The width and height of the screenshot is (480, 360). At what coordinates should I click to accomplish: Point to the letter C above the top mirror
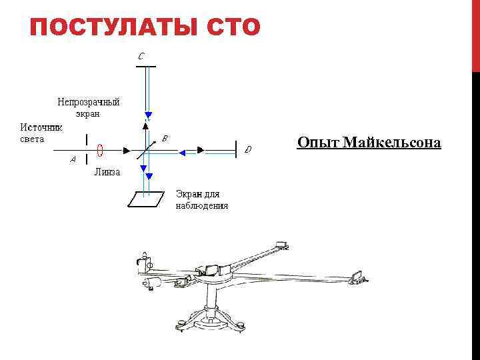pyautogui.click(x=141, y=57)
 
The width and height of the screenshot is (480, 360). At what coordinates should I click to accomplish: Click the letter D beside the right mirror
pyautogui.click(x=248, y=149)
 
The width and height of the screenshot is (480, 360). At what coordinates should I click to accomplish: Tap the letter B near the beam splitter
pyautogui.click(x=164, y=138)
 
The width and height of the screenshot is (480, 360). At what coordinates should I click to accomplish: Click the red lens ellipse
pyautogui.click(x=99, y=150)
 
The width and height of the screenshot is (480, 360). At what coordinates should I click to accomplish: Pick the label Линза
pyautogui.click(x=107, y=172)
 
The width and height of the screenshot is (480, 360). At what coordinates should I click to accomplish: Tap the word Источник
pyautogui.click(x=41, y=127)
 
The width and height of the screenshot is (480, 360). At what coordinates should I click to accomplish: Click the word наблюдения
pyautogui.click(x=201, y=206)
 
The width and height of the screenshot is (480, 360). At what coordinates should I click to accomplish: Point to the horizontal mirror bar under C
pyautogui.click(x=145, y=67)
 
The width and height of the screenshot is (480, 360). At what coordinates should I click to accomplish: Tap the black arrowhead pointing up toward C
pyautogui.click(x=145, y=125)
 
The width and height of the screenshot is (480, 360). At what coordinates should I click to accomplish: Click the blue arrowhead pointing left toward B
pyautogui.click(x=181, y=151)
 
